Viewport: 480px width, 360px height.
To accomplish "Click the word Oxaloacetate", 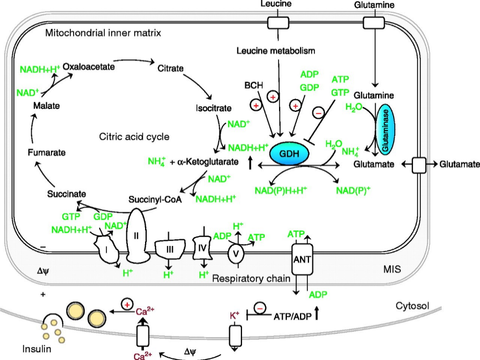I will [x=89, y=66].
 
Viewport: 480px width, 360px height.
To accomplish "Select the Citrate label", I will [x=171, y=68].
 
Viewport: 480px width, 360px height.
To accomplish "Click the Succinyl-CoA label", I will [x=155, y=198].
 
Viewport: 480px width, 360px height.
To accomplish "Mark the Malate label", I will [x=44, y=105].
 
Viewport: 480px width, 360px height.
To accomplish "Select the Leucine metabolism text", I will [x=276, y=51].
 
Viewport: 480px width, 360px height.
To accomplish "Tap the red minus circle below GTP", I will [x=319, y=112].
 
